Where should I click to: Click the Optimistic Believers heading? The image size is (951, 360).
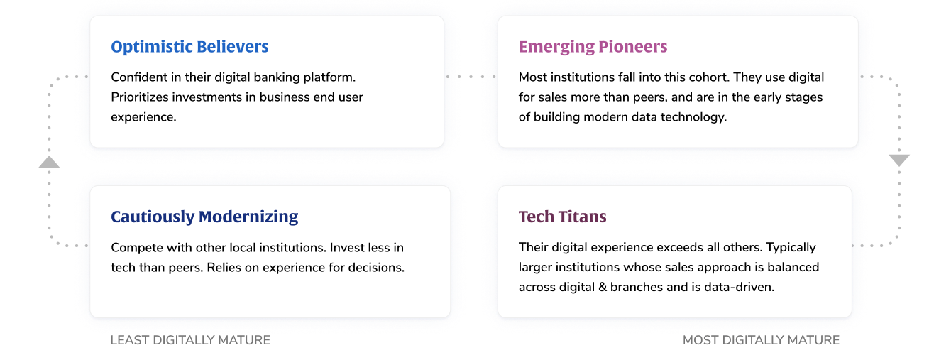[x=189, y=47]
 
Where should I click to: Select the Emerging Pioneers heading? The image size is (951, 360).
[x=593, y=47]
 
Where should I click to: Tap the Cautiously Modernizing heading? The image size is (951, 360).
[x=204, y=217]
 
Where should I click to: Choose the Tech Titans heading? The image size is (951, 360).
[x=562, y=217]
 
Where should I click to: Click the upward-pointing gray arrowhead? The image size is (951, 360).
[x=49, y=162]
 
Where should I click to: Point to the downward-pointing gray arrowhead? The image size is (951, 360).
[x=899, y=160]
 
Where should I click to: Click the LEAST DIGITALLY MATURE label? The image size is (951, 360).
[x=190, y=340]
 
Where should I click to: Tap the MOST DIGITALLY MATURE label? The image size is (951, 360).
[x=761, y=340]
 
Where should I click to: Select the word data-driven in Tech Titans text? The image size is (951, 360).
[x=737, y=288]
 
